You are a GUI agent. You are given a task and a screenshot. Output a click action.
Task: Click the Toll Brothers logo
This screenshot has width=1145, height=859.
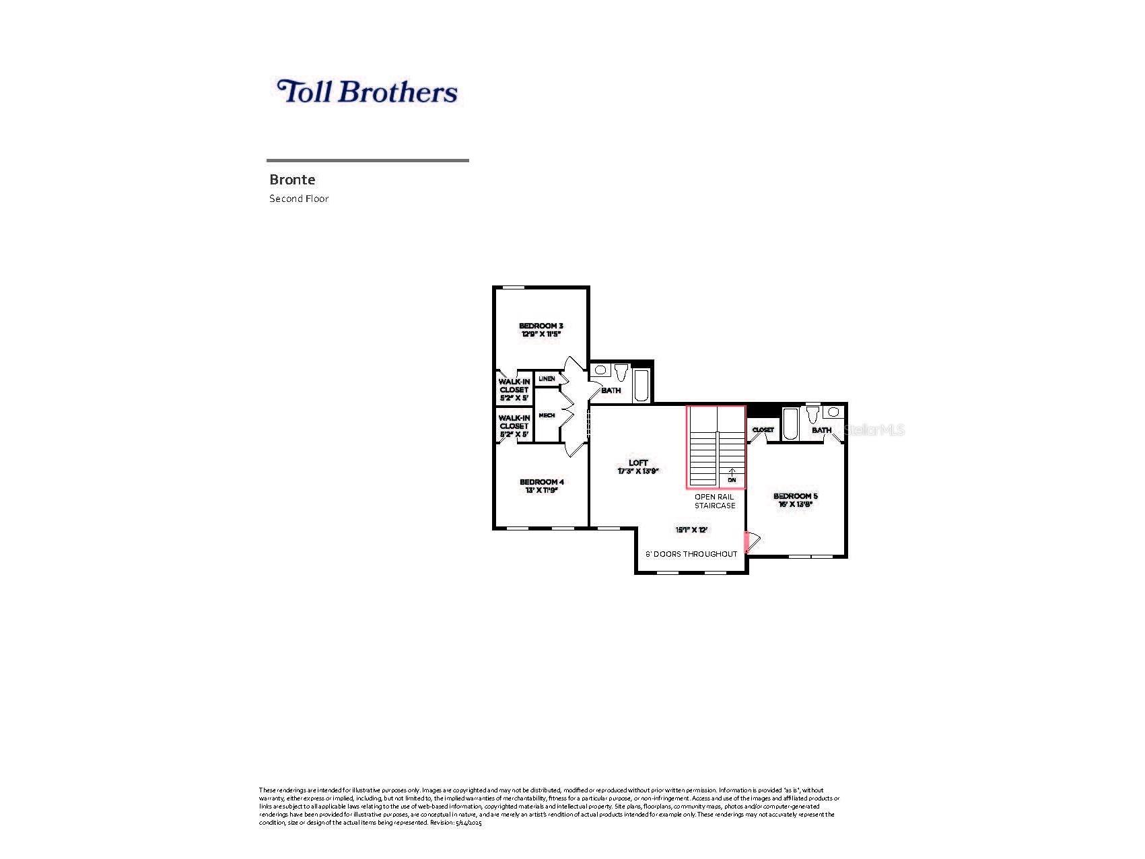click(x=367, y=92)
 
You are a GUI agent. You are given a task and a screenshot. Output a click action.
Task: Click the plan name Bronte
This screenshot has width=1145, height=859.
click(x=292, y=180)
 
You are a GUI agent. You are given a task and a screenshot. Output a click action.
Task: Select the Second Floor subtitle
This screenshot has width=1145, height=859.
click(x=299, y=199)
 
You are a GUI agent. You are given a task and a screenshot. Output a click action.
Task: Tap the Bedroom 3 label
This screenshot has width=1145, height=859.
click(x=541, y=329)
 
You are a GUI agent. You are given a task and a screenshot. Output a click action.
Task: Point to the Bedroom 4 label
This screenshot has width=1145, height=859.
click(x=541, y=485)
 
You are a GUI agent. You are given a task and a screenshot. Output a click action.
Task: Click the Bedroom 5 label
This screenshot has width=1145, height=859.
click(x=795, y=500)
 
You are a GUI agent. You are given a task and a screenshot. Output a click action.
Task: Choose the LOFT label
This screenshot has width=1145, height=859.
click(x=638, y=467)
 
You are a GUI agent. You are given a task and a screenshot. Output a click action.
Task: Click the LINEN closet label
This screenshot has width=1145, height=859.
click(x=547, y=378)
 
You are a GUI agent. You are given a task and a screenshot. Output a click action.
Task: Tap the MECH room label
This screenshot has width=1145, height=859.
click(x=547, y=415)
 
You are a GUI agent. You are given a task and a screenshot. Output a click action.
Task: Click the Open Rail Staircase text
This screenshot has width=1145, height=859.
click(x=715, y=501)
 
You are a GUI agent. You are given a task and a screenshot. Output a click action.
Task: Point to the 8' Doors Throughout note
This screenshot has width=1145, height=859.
click(x=691, y=554)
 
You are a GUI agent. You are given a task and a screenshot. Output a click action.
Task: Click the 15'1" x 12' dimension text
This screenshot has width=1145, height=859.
click(x=691, y=530)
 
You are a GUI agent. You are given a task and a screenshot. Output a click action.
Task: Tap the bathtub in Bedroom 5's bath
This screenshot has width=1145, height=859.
click(x=790, y=423)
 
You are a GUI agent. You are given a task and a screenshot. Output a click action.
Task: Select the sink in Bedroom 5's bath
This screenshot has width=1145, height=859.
click(x=834, y=411)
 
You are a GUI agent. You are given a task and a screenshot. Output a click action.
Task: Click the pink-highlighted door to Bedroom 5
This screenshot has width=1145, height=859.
click(x=747, y=543)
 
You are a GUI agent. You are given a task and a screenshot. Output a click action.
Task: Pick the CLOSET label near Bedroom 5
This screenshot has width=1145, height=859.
click(x=763, y=429)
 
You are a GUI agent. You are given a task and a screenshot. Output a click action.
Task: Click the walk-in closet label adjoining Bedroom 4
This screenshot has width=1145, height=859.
click(x=514, y=425)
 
